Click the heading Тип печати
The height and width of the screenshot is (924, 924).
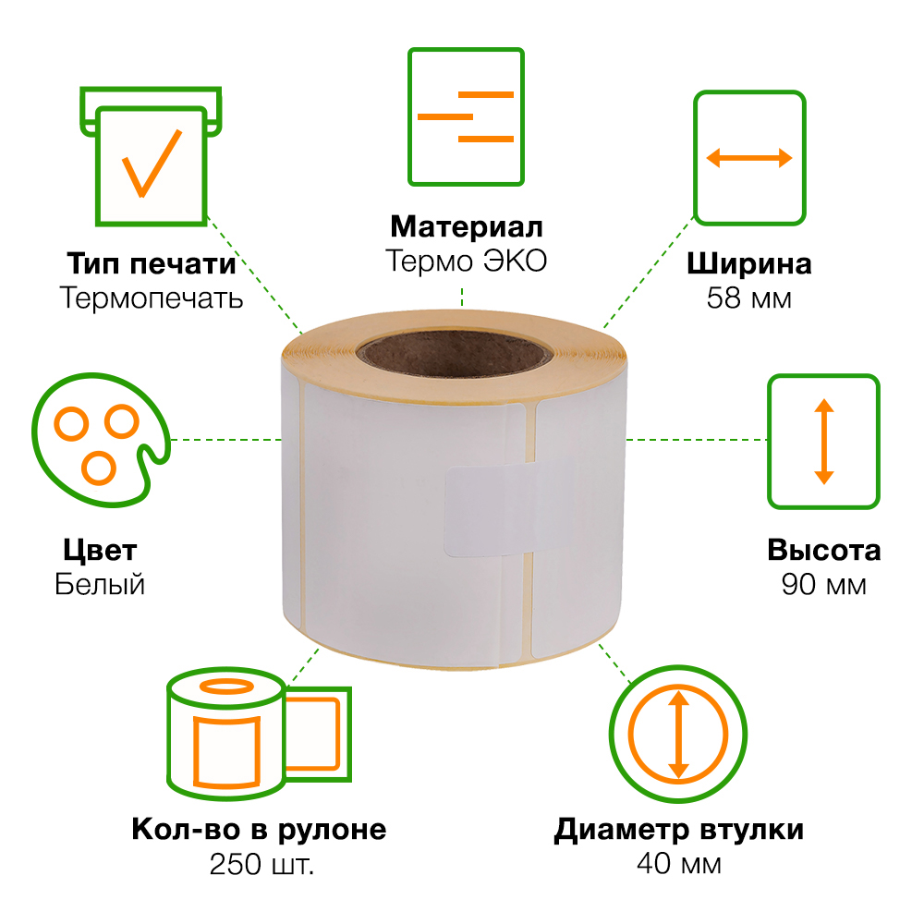coord(151,263)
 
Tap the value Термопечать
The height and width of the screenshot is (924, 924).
coord(151,298)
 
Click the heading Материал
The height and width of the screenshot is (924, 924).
coord(467,226)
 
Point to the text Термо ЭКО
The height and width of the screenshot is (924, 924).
coord(467,261)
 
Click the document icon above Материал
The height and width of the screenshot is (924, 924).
coord(467,116)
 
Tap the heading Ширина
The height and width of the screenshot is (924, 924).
coord(748,264)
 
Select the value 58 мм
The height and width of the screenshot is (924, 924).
coord(748,298)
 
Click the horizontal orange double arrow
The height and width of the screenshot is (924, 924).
coord(749,158)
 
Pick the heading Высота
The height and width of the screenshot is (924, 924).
coord(823,551)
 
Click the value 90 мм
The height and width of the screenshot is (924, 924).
coord(823,585)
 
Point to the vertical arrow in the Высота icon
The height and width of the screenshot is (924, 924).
coord(823,441)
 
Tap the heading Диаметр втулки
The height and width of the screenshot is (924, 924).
coord(678,830)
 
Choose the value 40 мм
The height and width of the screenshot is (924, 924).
coord(678,864)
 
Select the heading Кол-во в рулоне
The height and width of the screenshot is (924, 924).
coord(260,829)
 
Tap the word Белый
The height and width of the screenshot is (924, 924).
coord(100,585)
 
